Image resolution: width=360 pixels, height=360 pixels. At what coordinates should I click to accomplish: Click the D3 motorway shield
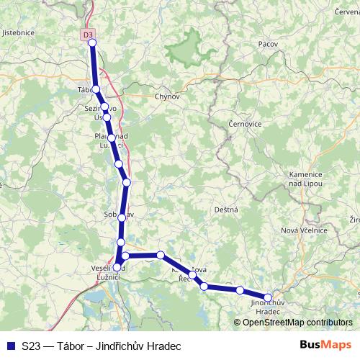pyautogui.click(x=88, y=34)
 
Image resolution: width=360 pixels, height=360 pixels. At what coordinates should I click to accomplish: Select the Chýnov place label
pyautogui.click(x=166, y=96)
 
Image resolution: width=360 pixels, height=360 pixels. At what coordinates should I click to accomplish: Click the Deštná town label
pyautogui.click(x=225, y=209)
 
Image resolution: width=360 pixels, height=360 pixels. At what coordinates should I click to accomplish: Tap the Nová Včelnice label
pyautogui.click(x=304, y=230)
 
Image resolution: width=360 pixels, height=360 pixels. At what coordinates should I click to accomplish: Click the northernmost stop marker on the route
pyautogui.click(x=92, y=42)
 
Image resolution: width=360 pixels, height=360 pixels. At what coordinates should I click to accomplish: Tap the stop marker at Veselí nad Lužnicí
pyautogui.click(x=117, y=268)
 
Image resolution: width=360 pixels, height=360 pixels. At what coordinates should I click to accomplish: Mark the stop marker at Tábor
pyautogui.click(x=96, y=89)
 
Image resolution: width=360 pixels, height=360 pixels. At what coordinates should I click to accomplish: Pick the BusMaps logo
pyautogui.click(x=325, y=346)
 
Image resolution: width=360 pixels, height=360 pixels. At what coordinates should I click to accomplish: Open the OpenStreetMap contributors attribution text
pyautogui.click(x=296, y=323)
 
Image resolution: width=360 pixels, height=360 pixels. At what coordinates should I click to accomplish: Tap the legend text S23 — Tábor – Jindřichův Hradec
pyautogui.click(x=101, y=346)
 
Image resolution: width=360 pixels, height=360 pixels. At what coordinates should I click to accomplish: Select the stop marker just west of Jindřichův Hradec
pyautogui.click(x=240, y=290)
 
